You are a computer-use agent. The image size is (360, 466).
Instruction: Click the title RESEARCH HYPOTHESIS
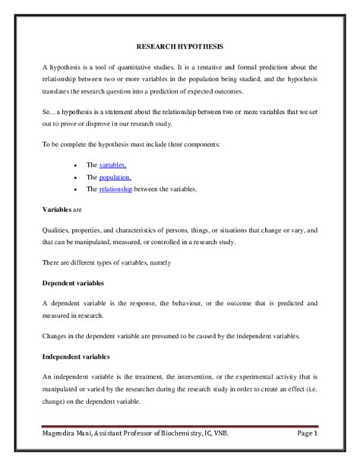click(x=180, y=46)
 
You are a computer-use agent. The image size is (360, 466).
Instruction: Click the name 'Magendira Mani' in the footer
click(x=69, y=434)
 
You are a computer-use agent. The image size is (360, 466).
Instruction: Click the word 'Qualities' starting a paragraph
click(x=57, y=230)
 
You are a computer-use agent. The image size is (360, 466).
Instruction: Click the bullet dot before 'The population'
click(x=74, y=177)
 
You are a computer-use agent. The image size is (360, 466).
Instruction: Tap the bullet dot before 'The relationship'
click(x=74, y=189)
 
